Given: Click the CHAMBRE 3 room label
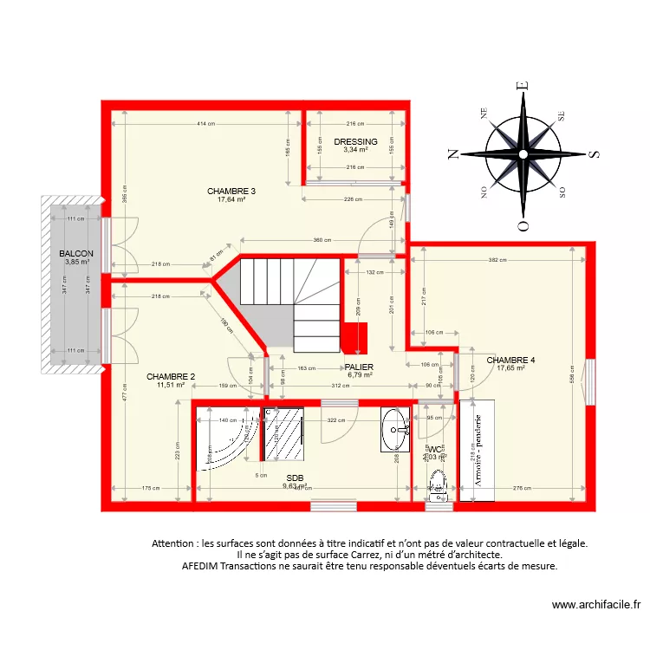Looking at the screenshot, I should click(x=231, y=191).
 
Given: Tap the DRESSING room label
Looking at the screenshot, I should click(x=355, y=141).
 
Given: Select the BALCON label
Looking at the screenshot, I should click(x=77, y=253).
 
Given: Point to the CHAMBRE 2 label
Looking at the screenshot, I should click(x=171, y=376).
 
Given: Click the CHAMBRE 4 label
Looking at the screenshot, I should click(x=510, y=360).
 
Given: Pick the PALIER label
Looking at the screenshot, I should click(x=359, y=367).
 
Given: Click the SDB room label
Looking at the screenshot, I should click(x=295, y=478).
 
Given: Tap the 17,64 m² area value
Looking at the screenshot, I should click(x=231, y=199).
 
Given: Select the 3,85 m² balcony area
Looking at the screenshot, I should click(x=77, y=262).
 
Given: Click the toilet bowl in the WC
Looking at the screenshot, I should click(x=436, y=481).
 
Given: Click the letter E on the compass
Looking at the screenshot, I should click(x=522, y=86).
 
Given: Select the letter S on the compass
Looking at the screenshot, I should click(x=594, y=154).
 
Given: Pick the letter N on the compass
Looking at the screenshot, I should click(x=452, y=154).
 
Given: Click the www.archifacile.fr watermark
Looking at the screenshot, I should click(x=596, y=605).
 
